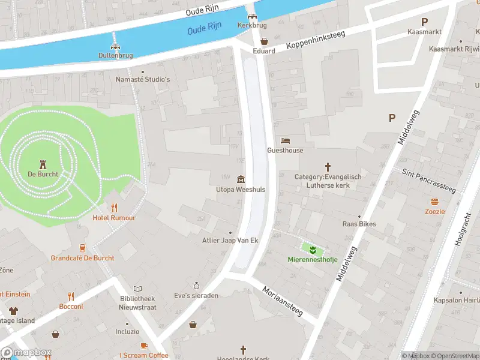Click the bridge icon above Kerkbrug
(252, 17)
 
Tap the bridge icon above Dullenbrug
(115, 46)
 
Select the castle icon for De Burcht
(43, 164)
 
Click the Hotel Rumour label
(113, 218)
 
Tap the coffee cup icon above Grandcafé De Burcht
(82, 248)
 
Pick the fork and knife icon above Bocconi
(71, 296)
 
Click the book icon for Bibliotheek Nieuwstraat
(137, 289)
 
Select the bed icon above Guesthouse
(285, 140)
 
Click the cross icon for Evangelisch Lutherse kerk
(328, 166)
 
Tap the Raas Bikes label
(359, 224)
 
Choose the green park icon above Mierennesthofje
(312, 249)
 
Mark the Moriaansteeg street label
(283, 301)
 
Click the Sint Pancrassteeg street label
(430, 181)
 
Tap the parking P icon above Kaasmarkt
(424, 22)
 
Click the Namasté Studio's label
(143, 79)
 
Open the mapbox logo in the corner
(26, 352)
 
